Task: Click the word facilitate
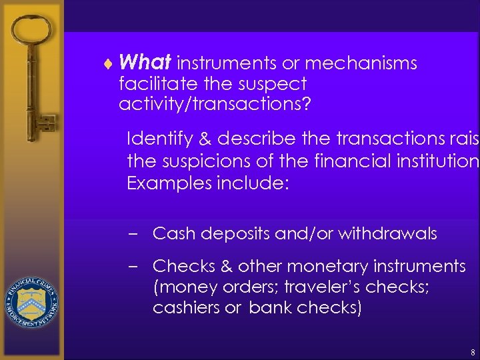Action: click(151, 84)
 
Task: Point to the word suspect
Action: click(274, 84)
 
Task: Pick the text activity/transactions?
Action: click(215, 104)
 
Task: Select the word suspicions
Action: click(202, 161)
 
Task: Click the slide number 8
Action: click(472, 351)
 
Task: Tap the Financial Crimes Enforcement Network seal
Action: click(32, 300)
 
